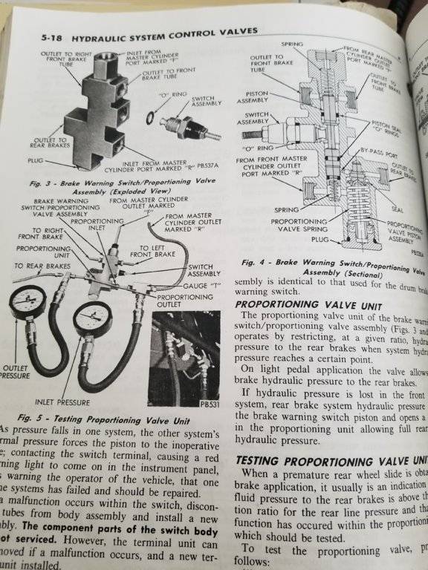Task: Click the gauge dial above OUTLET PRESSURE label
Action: (x=28, y=301)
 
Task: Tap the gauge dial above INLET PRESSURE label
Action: (x=94, y=320)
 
